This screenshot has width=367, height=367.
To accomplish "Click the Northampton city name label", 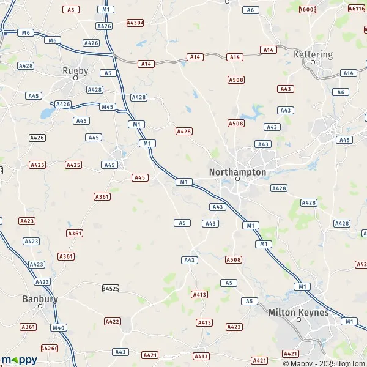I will tap(237, 172).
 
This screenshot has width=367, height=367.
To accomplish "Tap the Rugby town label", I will tap(75, 70).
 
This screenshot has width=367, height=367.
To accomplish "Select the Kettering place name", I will tap(313, 54).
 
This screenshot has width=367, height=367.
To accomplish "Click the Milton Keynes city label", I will tap(298, 312).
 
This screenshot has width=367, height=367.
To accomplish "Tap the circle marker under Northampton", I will tap(238, 179).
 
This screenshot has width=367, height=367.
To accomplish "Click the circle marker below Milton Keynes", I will tap(299, 319).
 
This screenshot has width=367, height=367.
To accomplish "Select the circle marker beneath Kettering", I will tap(314, 62).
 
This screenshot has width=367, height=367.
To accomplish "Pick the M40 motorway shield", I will tap(59, 328).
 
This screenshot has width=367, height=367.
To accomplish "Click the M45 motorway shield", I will tap(108, 107).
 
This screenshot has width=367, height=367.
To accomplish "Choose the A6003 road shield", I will tap(307, 9).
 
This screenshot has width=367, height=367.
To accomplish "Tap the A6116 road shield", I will tap(356, 9).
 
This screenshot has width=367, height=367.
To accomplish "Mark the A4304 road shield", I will tap(135, 23).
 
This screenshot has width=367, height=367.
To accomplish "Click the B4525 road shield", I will tap(110, 287).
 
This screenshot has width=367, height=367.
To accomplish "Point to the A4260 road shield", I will tap(49, 348).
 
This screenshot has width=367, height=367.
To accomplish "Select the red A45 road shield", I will tap(140, 177).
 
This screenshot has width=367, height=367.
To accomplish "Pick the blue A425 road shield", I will tap(73, 165).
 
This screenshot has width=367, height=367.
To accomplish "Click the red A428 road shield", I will tap(183, 132).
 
